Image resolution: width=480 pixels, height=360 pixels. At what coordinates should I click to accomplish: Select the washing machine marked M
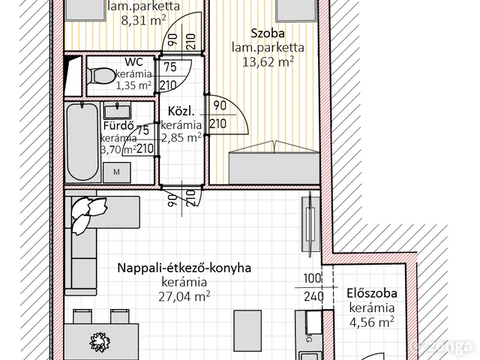point(116,172)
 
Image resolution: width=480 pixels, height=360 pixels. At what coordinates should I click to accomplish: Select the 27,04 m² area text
point(185,295)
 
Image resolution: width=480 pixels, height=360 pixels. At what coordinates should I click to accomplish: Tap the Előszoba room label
point(372,294)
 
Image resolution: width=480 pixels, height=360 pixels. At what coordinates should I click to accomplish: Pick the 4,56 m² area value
point(371,322)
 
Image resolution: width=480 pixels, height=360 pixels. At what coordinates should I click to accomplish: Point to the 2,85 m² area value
point(181,138)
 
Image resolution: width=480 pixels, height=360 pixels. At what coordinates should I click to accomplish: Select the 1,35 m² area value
point(133,85)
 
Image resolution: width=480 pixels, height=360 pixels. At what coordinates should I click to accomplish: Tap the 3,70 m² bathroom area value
point(119,149)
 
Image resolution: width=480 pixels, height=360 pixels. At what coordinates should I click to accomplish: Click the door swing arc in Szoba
point(238,124)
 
